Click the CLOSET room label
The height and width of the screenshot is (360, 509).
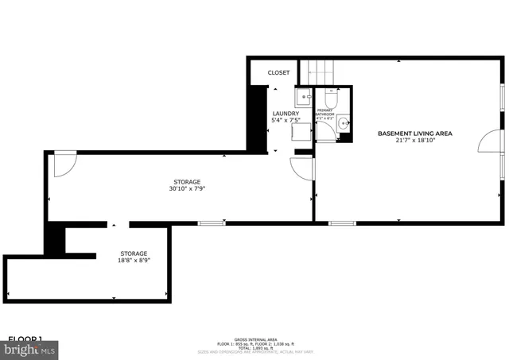click(278, 73)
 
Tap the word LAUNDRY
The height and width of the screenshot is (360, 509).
click(286, 114)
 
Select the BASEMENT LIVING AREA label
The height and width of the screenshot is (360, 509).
click(414, 134)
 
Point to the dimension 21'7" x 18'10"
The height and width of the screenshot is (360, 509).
click(414, 141)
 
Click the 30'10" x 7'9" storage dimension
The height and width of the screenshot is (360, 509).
click(188, 189)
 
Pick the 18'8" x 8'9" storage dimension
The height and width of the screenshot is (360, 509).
click(134, 259)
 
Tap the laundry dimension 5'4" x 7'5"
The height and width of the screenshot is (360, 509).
click(286, 121)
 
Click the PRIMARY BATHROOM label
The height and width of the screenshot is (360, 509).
click(326, 112)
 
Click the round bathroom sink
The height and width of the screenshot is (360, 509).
click(343, 123)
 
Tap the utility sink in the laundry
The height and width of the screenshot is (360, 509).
click(303, 99)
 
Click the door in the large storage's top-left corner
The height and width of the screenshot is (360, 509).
click(63, 164)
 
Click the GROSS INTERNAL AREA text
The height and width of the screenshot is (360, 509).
click(254, 338)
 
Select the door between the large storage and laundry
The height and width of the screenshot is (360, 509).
click(302, 168)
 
